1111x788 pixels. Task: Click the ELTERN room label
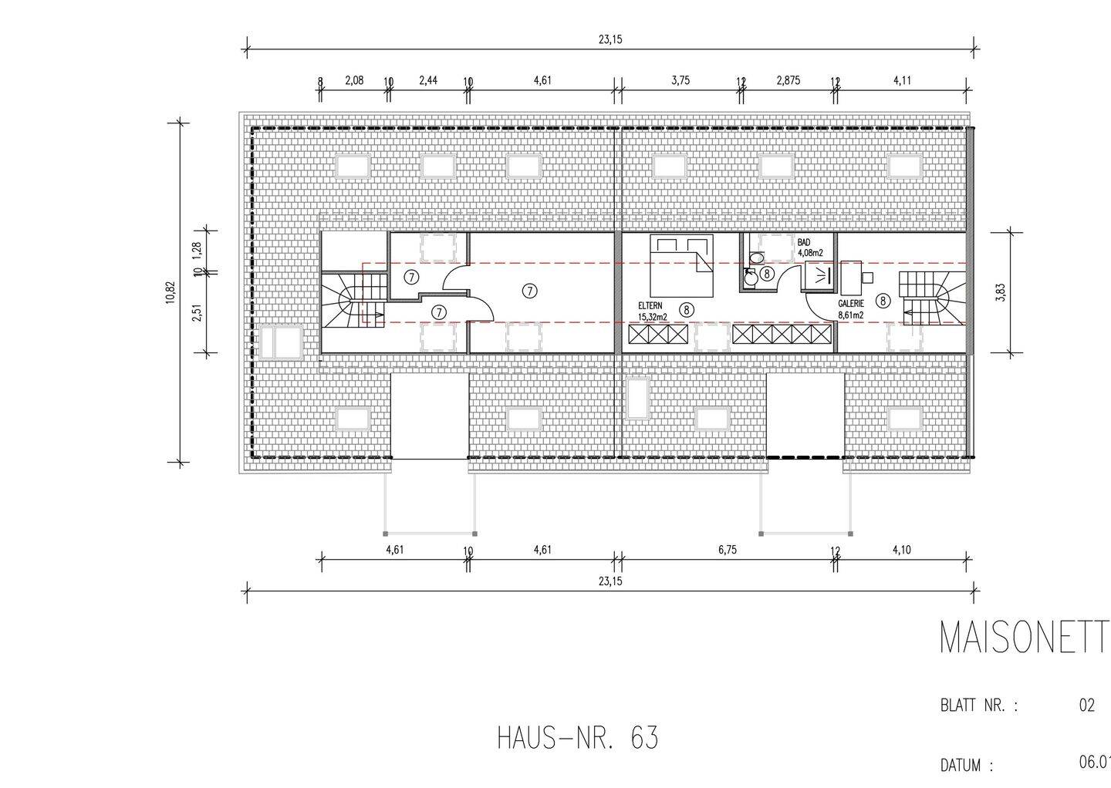[x=649, y=305]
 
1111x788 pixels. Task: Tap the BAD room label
[x=804, y=242]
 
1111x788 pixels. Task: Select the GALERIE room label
[x=851, y=304]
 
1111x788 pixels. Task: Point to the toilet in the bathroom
[x=756, y=258]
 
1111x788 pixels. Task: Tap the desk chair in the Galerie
[x=868, y=277]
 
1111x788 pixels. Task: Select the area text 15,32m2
[x=652, y=316]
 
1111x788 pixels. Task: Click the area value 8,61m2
[x=850, y=315]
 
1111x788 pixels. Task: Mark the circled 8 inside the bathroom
[x=766, y=273]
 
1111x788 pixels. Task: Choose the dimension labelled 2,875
[x=788, y=80]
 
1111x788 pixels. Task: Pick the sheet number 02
[x=1086, y=705]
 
